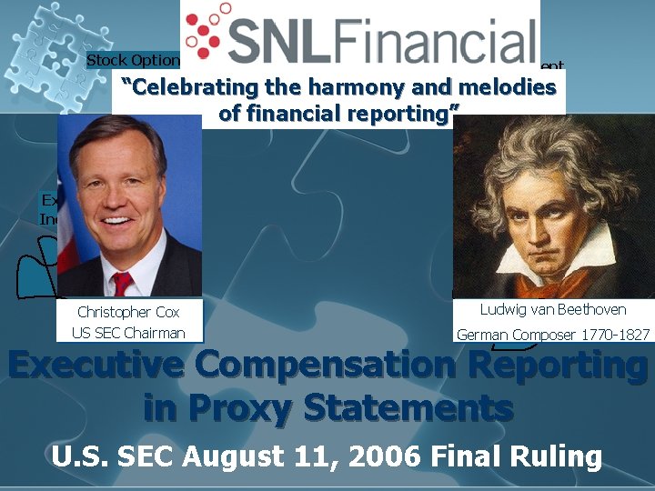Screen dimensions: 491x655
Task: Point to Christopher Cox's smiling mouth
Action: click(x=117, y=219)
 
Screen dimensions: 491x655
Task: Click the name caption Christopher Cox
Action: click(x=128, y=312)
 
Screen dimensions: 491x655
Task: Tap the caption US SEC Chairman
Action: click(x=128, y=332)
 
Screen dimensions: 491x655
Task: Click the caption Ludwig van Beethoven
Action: click(x=553, y=310)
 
